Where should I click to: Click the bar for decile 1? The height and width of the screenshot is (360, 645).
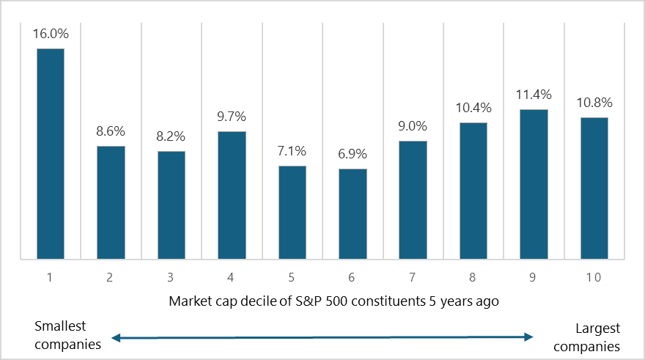(x=51, y=154)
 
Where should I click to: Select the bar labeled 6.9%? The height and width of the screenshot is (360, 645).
(x=353, y=213)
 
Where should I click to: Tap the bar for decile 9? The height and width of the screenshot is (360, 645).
(x=534, y=184)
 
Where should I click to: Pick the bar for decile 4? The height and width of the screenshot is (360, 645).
(x=232, y=195)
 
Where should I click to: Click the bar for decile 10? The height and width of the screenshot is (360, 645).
(x=594, y=188)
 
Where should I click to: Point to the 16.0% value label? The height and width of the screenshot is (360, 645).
(x=51, y=34)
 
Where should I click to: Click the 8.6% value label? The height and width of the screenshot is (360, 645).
(x=111, y=131)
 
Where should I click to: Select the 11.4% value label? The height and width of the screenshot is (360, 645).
(x=534, y=95)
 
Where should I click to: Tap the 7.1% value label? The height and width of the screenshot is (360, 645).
(x=292, y=151)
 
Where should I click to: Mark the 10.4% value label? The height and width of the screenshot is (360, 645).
(x=473, y=108)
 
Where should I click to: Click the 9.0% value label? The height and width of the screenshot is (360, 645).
(x=413, y=126)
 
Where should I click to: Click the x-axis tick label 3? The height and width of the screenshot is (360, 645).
(x=172, y=278)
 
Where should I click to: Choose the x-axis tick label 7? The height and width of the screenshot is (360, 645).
(x=413, y=278)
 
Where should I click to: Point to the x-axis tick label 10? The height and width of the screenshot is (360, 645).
(x=594, y=278)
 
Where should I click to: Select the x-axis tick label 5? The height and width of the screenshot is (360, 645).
(x=292, y=278)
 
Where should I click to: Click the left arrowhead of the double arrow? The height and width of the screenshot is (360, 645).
(x=114, y=337)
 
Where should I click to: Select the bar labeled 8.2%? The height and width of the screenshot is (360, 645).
(x=172, y=205)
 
